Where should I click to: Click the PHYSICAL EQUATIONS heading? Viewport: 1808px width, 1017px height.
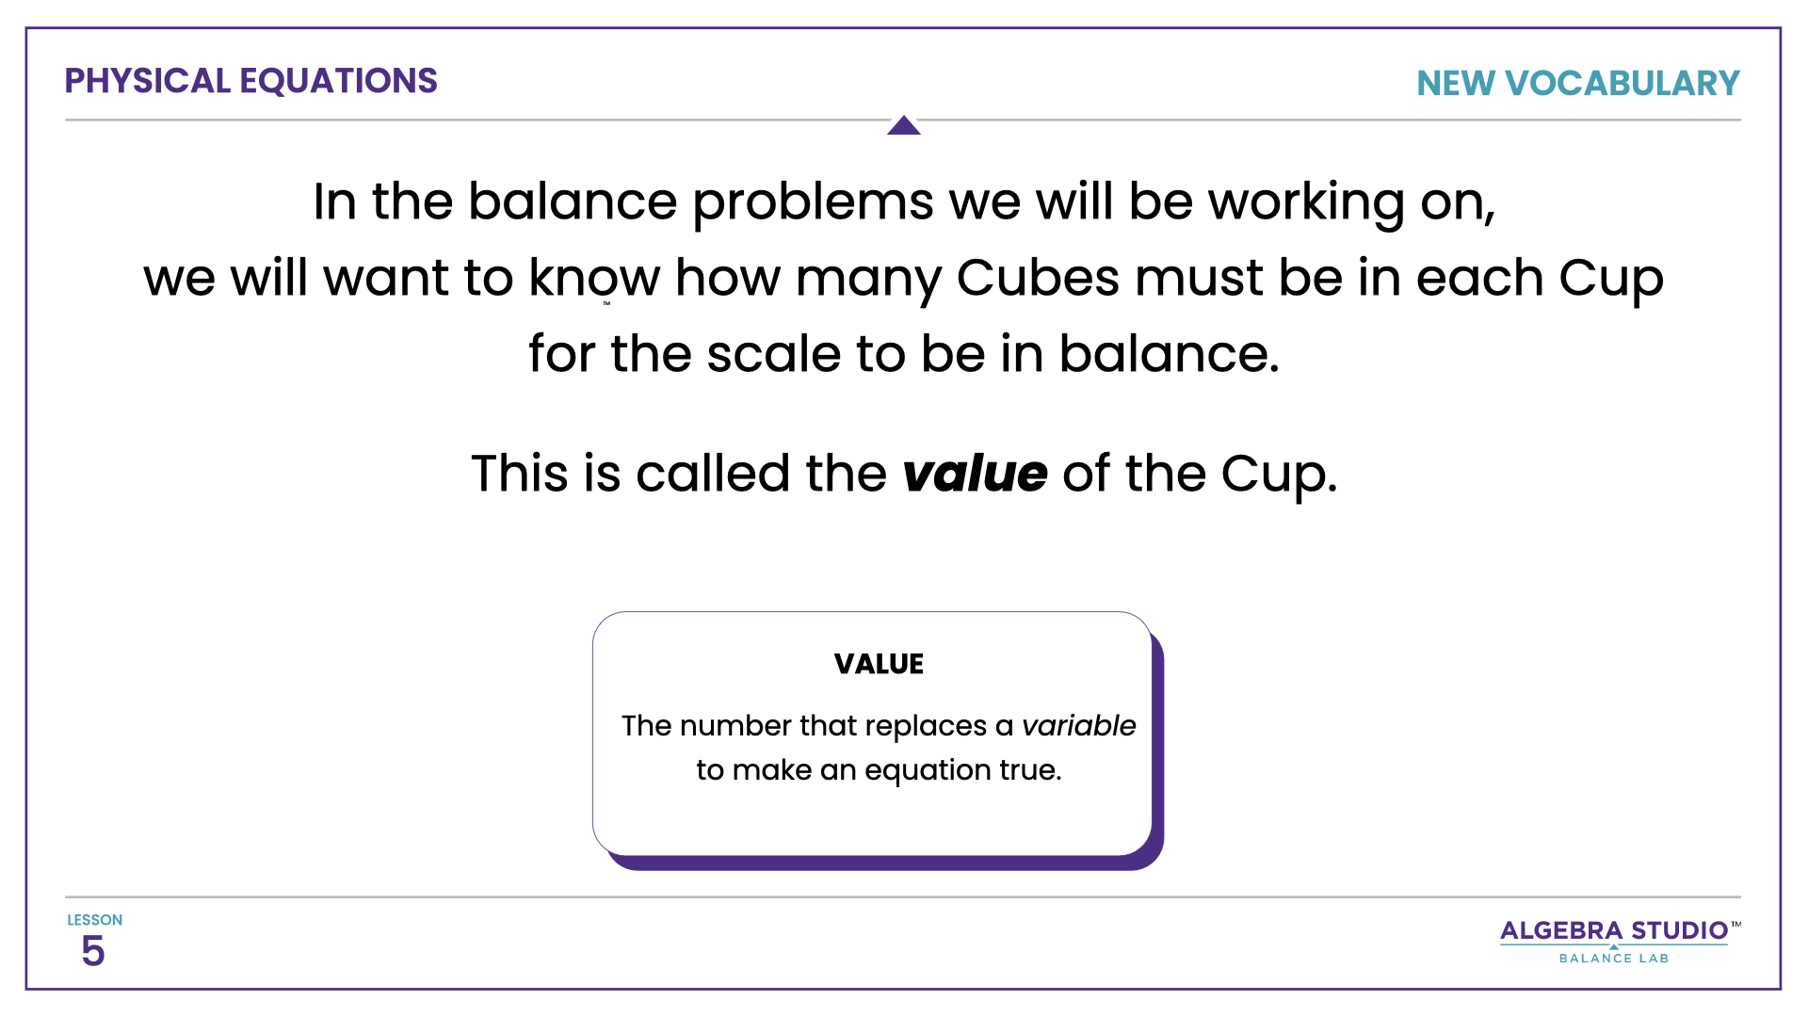(250, 81)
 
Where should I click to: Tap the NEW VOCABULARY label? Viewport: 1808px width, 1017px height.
(1577, 84)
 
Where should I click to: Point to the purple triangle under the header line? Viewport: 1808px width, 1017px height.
(903, 126)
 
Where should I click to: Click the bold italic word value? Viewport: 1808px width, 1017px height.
(975, 473)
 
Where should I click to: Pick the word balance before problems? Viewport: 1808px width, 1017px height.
(572, 202)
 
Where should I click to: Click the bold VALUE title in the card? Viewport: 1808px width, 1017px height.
(879, 664)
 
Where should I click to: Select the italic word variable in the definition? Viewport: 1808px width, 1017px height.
(1078, 726)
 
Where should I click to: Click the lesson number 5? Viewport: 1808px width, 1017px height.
(92, 951)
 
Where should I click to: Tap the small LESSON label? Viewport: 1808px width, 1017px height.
(94, 920)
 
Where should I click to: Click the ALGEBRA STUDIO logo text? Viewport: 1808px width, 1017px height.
(1614, 931)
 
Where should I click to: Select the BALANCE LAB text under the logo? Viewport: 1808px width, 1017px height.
(1614, 959)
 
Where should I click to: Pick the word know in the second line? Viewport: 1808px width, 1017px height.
(593, 278)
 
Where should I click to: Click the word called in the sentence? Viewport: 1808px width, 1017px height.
(713, 473)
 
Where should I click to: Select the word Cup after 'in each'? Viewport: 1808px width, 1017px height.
(1610, 280)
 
